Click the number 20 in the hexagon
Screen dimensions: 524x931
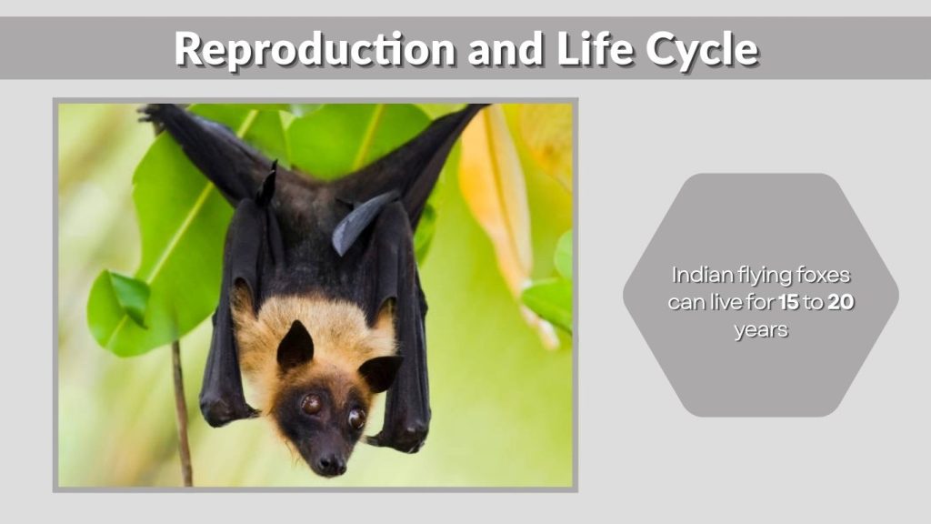point(840,302)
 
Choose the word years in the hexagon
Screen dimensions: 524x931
point(761,329)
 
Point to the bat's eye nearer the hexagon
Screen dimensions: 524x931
point(356,418)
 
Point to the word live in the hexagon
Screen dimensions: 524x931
point(729,302)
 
